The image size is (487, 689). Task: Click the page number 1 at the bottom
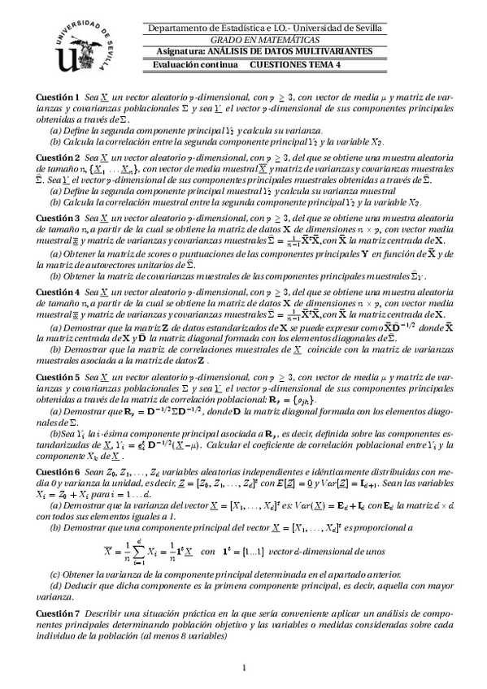pyautogui.click(x=244, y=668)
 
